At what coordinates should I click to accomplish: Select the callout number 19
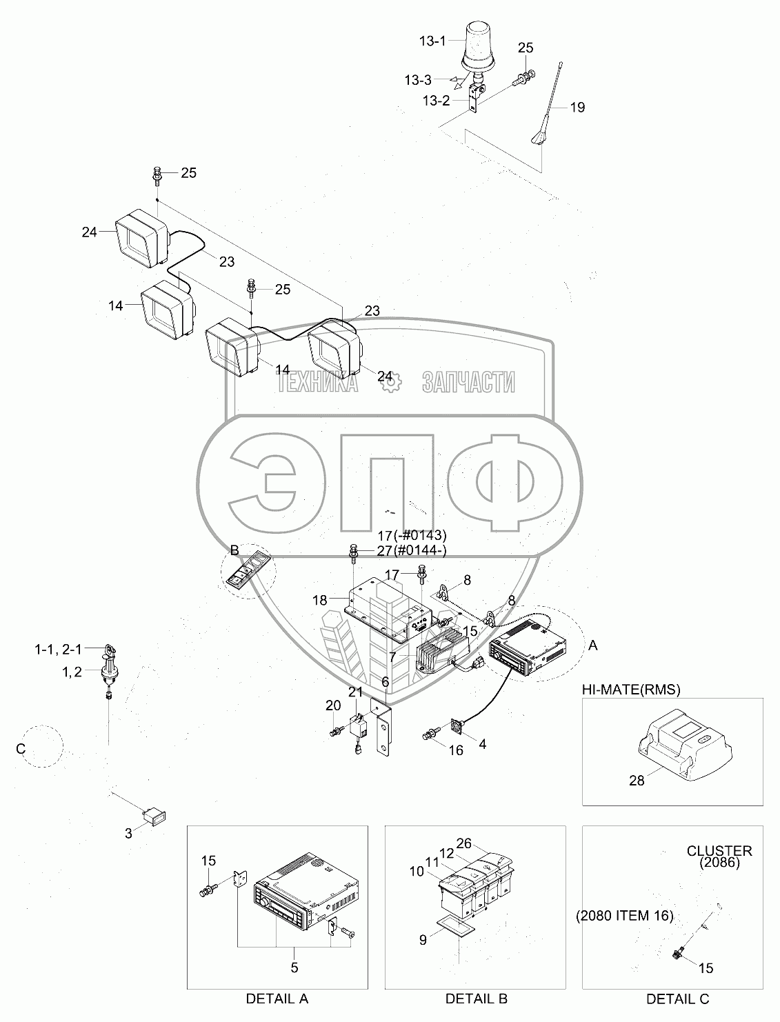click(x=577, y=108)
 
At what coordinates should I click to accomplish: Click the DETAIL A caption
click(x=277, y=999)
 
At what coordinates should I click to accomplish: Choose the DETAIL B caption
click(x=476, y=999)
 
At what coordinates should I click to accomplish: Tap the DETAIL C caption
click(x=677, y=999)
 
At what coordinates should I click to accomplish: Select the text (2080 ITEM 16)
click(x=624, y=916)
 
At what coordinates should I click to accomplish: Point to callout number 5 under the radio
click(x=294, y=968)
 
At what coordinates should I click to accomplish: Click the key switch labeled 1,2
click(x=109, y=672)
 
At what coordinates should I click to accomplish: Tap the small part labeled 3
click(x=153, y=815)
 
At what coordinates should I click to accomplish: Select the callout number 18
click(x=319, y=600)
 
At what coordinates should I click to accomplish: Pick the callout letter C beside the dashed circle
click(x=20, y=749)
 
